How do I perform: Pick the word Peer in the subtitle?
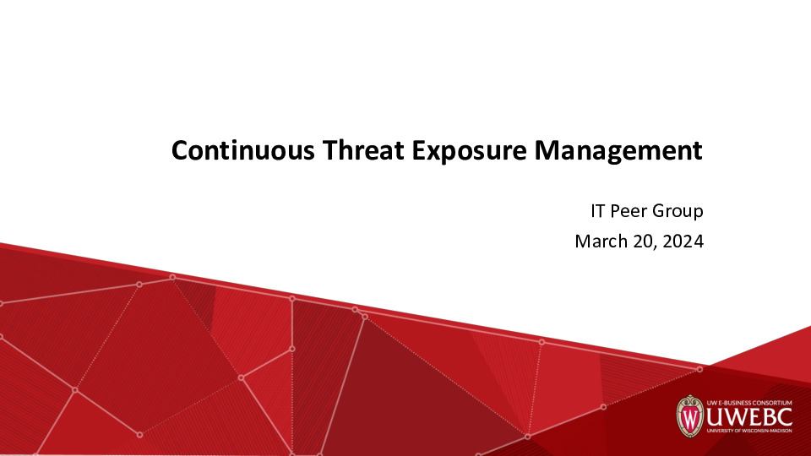click(629, 210)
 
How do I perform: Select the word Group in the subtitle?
click(678, 210)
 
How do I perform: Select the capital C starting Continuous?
click(179, 151)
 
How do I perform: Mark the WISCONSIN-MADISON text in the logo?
click(771, 435)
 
